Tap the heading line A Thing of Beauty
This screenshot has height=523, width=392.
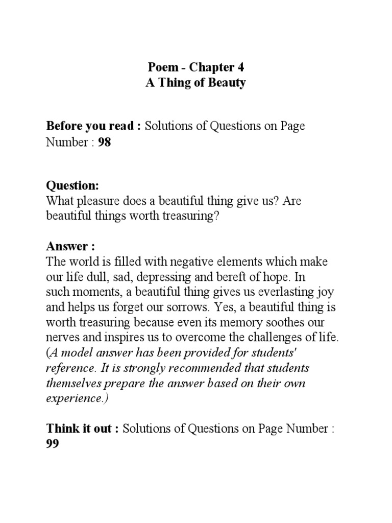click(x=196, y=83)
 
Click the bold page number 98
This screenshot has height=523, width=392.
click(x=104, y=142)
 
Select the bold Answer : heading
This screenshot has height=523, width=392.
click(x=67, y=247)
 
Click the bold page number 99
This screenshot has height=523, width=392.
click(x=53, y=444)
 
